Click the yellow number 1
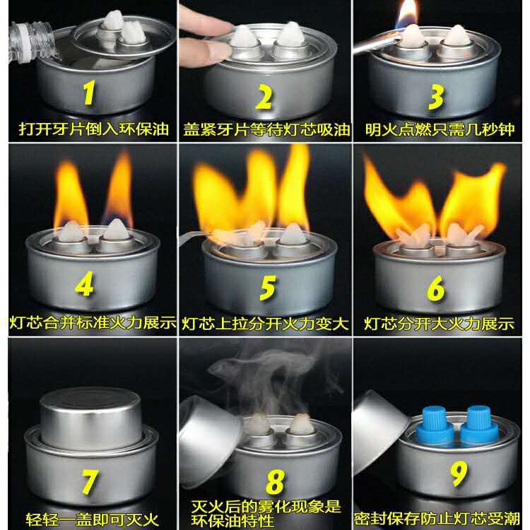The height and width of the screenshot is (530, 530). pyautogui.click(x=88, y=93)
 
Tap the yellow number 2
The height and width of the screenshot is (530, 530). pyautogui.click(x=264, y=98)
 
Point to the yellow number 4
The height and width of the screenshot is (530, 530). pyautogui.click(x=86, y=285)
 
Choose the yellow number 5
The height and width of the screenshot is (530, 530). pyautogui.click(x=268, y=288)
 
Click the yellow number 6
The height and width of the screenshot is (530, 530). pyautogui.click(x=437, y=289)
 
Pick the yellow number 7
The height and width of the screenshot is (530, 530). pyautogui.click(x=90, y=481)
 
